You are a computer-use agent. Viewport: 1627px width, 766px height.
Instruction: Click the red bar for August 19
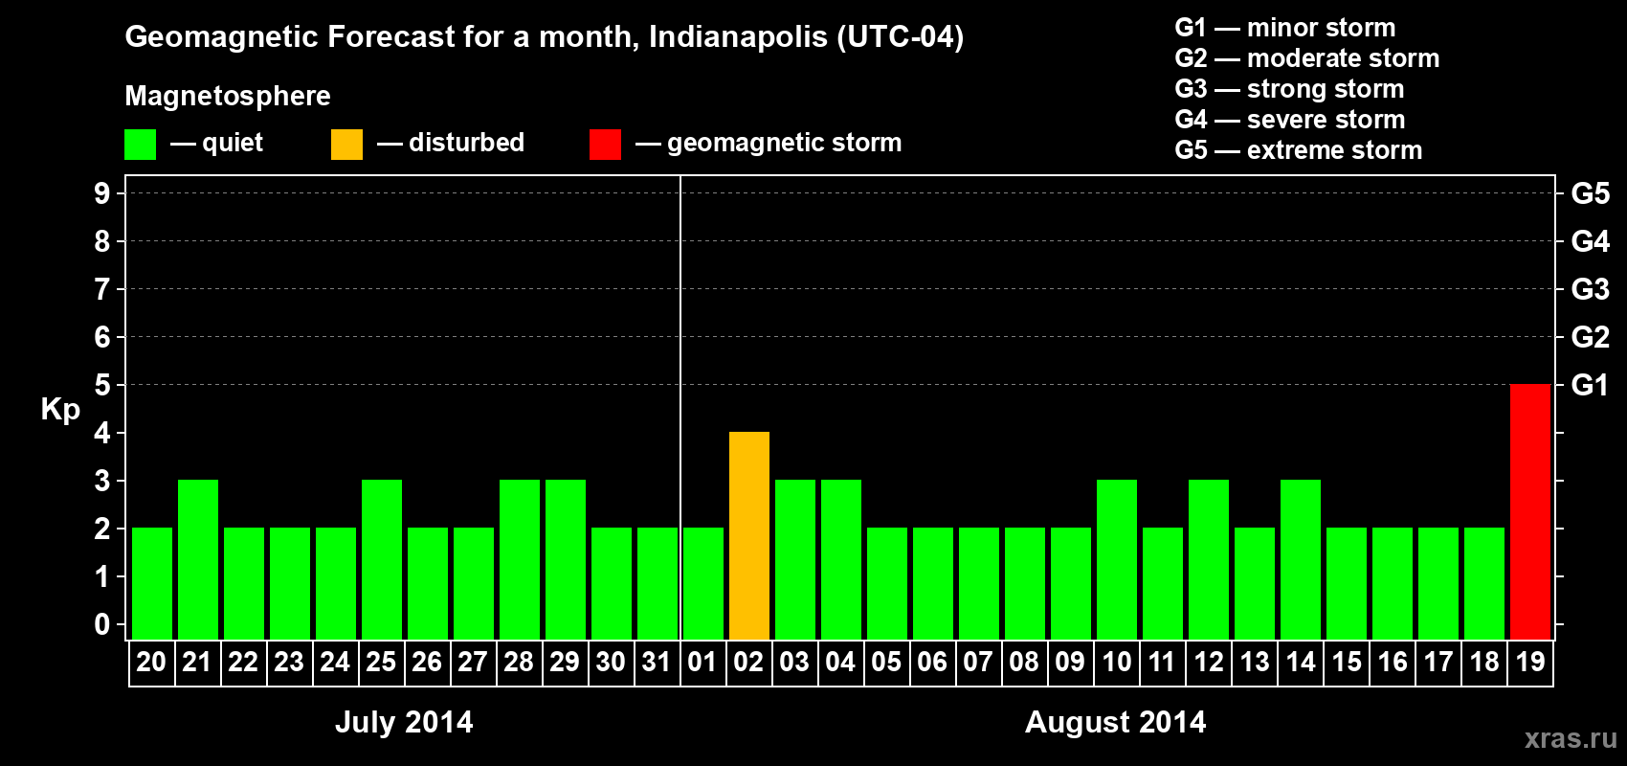point(1529,511)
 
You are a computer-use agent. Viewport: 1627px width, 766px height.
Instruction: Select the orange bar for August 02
point(748,535)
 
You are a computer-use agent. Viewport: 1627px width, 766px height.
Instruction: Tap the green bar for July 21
point(197,559)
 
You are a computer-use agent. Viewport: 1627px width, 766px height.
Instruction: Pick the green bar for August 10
point(1116,559)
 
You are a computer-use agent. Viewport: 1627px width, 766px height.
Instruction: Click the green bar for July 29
point(565,559)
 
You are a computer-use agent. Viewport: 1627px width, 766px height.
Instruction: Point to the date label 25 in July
point(381,662)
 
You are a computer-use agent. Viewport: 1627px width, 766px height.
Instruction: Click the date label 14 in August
point(1300,662)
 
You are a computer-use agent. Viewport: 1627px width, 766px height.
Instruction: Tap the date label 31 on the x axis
point(657,662)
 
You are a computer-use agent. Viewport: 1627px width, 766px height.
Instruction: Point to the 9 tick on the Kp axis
point(102,193)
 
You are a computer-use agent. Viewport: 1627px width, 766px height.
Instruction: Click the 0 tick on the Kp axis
point(102,624)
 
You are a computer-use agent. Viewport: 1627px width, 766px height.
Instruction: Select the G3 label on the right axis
point(1590,289)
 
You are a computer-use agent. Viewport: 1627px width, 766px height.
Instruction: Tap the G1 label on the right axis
point(1590,385)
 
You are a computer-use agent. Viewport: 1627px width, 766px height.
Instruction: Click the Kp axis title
point(60,409)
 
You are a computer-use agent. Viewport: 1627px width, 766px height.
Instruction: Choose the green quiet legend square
point(140,145)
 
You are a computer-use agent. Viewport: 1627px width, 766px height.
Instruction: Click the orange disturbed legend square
point(346,145)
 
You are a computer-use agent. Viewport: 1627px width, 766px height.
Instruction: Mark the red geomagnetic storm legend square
point(605,145)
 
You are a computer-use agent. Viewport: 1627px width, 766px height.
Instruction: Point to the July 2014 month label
point(404,722)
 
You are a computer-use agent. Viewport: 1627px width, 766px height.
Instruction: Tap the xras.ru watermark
point(1571,738)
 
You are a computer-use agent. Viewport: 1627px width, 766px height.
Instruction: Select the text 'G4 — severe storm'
point(1289,120)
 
